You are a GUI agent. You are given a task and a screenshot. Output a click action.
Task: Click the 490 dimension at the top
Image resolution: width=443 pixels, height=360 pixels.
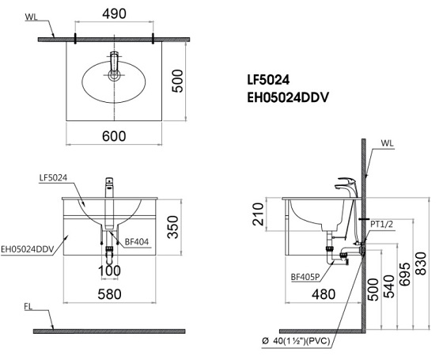point(114,13)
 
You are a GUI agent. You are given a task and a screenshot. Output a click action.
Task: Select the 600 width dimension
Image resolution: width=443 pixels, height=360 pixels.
point(114,135)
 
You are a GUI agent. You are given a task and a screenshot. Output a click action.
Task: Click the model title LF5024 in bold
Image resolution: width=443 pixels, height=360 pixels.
point(275,80)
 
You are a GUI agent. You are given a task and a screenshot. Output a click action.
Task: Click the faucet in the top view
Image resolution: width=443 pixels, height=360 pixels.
point(114,65)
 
